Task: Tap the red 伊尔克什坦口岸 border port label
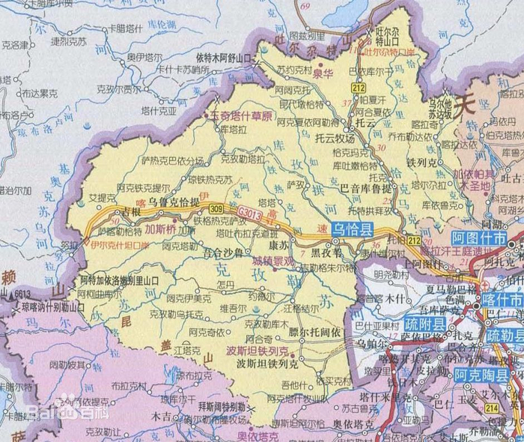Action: point(118,243)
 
